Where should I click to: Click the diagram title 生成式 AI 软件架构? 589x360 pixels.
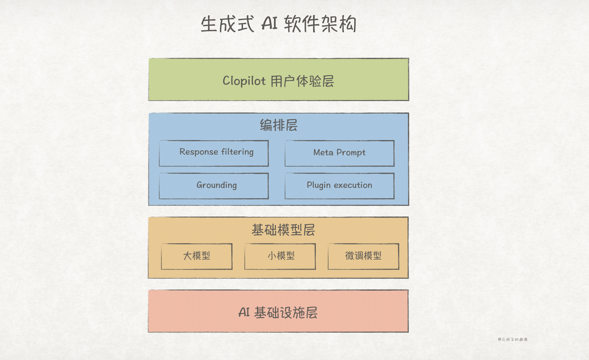pos(278,24)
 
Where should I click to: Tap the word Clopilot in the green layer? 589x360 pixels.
pos(244,81)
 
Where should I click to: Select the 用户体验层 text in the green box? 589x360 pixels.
pos(302,81)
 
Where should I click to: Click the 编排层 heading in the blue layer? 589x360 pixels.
pos(279,125)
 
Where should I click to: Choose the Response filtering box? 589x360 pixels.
pos(214,153)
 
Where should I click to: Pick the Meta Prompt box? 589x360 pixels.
pos(340,153)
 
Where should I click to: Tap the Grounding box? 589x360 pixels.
pos(214,186)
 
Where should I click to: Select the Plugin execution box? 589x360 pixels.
pos(340,186)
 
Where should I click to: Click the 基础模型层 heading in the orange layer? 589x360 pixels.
pos(283,230)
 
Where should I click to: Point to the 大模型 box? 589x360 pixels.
pos(197,256)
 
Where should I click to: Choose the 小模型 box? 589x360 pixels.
pos(280,256)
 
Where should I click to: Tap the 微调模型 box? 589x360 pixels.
pos(363,256)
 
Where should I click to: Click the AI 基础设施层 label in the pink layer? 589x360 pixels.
pos(278,313)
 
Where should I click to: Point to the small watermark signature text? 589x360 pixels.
pos(512,339)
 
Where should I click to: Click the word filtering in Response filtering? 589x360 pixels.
pos(237,152)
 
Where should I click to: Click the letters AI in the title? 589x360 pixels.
pos(269,24)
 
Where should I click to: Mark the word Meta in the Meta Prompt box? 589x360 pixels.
pos(323,152)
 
